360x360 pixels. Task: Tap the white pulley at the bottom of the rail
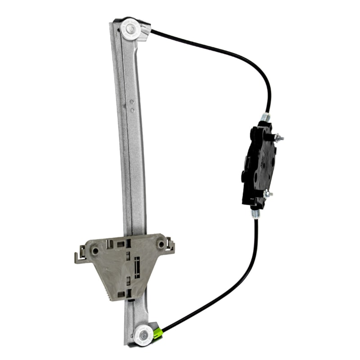pyautogui.click(x=143, y=334)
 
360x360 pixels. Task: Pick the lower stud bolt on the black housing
pyautogui.click(x=268, y=194)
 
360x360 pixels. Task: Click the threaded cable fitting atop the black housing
pyautogui.click(x=265, y=118)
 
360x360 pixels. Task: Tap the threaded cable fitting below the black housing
pyautogui.click(x=256, y=212)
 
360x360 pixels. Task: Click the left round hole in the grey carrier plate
pyautogui.click(x=94, y=250)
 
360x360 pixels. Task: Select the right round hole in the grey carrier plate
pyautogui.click(x=161, y=244)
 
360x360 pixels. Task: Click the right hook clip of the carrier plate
pyautogui.click(x=170, y=246)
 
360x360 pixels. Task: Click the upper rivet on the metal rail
pyautogui.click(x=131, y=103)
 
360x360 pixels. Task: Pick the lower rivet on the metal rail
pyautogui.click(x=132, y=110)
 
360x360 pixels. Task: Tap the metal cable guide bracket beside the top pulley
pyautogui.click(x=145, y=31)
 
